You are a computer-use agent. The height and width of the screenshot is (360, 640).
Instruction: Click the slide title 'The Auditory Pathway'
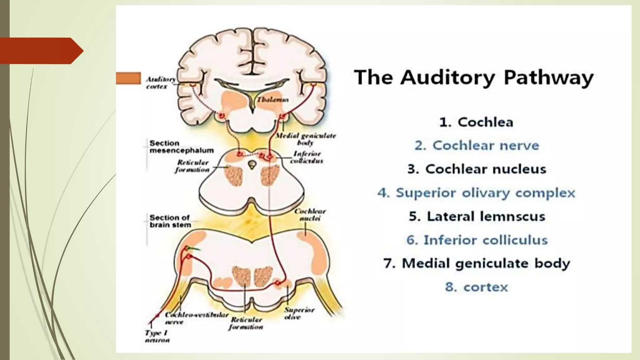473,77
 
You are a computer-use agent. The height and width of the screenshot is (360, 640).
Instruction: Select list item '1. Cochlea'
476,122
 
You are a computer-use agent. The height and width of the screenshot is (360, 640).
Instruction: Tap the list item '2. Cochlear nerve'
477,146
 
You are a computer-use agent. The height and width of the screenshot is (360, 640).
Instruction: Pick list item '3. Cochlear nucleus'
477,169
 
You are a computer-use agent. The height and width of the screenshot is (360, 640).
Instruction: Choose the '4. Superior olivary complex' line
476,193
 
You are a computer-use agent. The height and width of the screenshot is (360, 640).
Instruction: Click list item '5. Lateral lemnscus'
477,216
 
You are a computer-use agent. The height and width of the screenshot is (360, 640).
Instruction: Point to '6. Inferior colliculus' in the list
477,240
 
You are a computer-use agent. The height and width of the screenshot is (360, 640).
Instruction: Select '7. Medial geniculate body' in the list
477,263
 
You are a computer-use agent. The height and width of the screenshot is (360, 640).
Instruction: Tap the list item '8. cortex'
476,287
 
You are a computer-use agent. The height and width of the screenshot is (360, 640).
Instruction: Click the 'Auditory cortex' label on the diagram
160,83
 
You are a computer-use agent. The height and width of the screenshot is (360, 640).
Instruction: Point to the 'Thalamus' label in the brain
272,100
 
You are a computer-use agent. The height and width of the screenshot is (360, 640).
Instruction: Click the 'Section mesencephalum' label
181,147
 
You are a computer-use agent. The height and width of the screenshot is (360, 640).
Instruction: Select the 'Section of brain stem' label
170,221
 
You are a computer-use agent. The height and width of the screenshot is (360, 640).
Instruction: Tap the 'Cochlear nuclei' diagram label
310,215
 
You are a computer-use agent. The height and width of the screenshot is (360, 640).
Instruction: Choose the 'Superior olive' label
299,313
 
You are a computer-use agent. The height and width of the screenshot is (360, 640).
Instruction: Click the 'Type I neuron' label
157,337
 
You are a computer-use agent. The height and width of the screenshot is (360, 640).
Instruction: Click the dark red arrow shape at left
41,51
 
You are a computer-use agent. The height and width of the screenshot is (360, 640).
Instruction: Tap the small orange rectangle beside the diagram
128,78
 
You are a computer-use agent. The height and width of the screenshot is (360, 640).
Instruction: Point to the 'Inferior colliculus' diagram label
307,157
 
